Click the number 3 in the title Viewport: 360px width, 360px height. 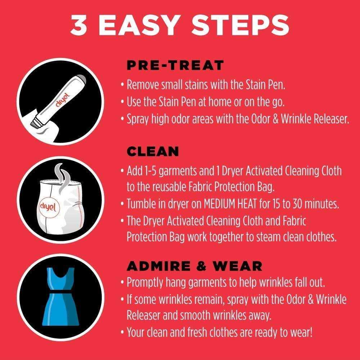[79, 25]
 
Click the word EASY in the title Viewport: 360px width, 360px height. [139, 25]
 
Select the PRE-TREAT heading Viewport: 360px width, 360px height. [175, 65]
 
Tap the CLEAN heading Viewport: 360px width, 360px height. [153, 151]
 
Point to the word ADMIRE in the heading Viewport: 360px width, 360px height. [159, 266]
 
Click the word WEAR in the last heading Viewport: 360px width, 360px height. [237, 266]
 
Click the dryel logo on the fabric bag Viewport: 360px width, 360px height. [48, 207]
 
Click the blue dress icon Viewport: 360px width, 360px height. [60, 297]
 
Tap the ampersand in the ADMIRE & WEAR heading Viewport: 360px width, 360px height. [202, 266]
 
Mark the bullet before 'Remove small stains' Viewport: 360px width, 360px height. [123, 85]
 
